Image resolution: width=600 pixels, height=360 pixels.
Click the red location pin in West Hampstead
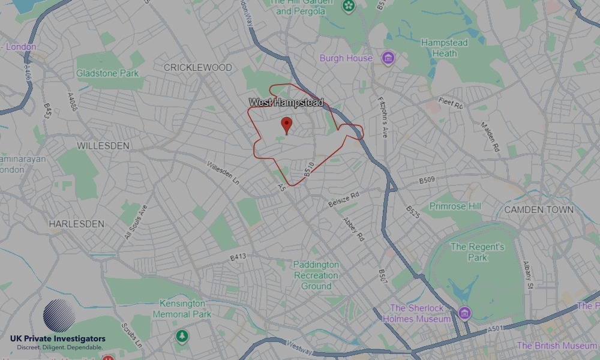coord(287,125)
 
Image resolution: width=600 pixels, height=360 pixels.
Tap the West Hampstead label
coord(286,103)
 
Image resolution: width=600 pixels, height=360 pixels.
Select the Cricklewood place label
coord(197,68)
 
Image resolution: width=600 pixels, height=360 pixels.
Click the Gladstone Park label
coord(107,73)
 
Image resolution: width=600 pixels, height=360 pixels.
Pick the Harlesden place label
coord(76,224)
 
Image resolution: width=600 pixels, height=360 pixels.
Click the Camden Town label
coord(539,210)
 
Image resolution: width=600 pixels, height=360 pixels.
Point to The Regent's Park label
coord(478,252)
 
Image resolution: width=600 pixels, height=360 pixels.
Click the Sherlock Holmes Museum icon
coord(464,313)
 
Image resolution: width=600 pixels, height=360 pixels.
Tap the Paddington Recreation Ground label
coord(316,275)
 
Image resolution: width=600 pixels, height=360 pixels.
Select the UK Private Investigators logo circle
coord(59,316)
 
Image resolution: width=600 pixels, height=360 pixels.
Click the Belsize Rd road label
coord(343,200)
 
